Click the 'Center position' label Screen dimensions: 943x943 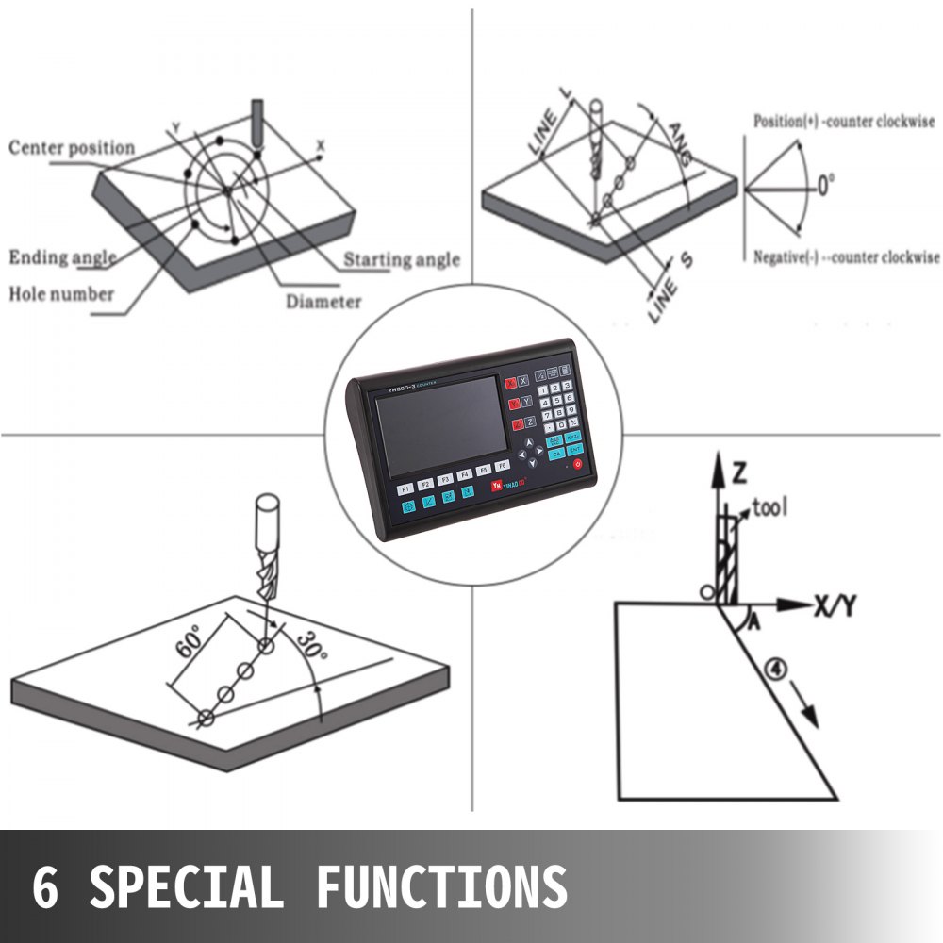click(x=72, y=148)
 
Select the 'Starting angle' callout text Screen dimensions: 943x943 click(x=402, y=260)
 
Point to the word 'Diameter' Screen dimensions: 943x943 click(x=323, y=302)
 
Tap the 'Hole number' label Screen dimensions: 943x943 click(x=61, y=293)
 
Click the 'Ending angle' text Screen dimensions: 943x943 click(x=63, y=257)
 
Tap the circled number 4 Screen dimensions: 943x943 click(x=773, y=671)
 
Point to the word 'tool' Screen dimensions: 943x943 click(x=771, y=508)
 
